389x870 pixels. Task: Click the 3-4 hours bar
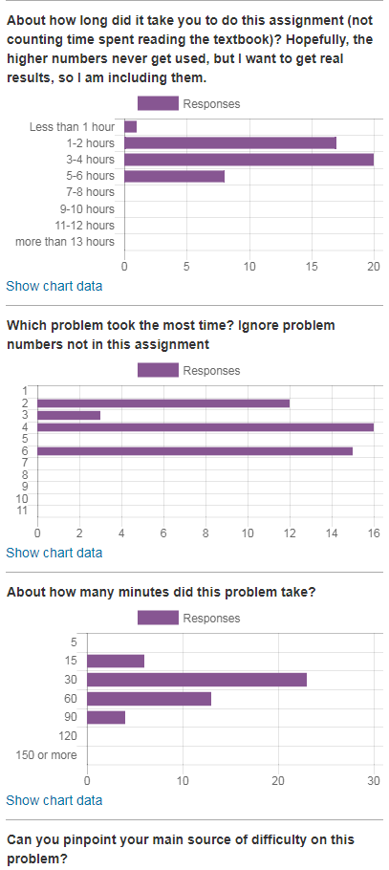249,160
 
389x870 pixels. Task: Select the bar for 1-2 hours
230,143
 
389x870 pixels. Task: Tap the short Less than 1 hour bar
130,126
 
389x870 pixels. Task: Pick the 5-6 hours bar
174,177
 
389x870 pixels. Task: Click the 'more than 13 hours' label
65,242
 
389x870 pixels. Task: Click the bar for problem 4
205,427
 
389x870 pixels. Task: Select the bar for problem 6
195,451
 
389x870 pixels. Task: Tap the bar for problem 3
69,415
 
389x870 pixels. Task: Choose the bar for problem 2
163,403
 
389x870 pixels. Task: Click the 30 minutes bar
197,680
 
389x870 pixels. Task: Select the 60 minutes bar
149,699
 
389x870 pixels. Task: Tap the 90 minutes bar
106,717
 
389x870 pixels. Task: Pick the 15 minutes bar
116,661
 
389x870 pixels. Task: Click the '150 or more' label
47,755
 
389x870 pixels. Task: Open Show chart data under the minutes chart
54,800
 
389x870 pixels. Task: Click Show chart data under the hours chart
54,286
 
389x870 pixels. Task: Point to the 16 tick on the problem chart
374,533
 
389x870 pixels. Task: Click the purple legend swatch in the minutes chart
158,618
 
